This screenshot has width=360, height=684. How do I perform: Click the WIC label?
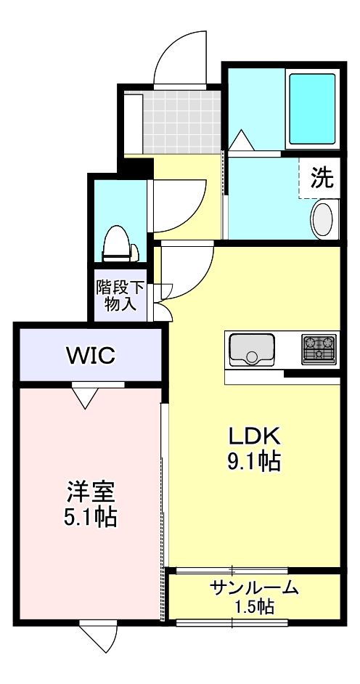pyautogui.click(x=90, y=356)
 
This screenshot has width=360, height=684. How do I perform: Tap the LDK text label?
pyautogui.click(x=255, y=436)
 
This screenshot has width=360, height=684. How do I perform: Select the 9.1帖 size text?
pyautogui.click(x=255, y=460)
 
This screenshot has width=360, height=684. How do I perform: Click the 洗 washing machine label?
pyautogui.click(x=322, y=178)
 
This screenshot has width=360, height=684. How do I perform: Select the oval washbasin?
pyautogui.click(x=323, y=219)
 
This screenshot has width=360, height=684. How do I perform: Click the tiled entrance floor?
pyautogui.click(x=181, y=121)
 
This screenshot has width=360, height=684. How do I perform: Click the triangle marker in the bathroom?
pyautogui.click(x=242, y=138)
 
